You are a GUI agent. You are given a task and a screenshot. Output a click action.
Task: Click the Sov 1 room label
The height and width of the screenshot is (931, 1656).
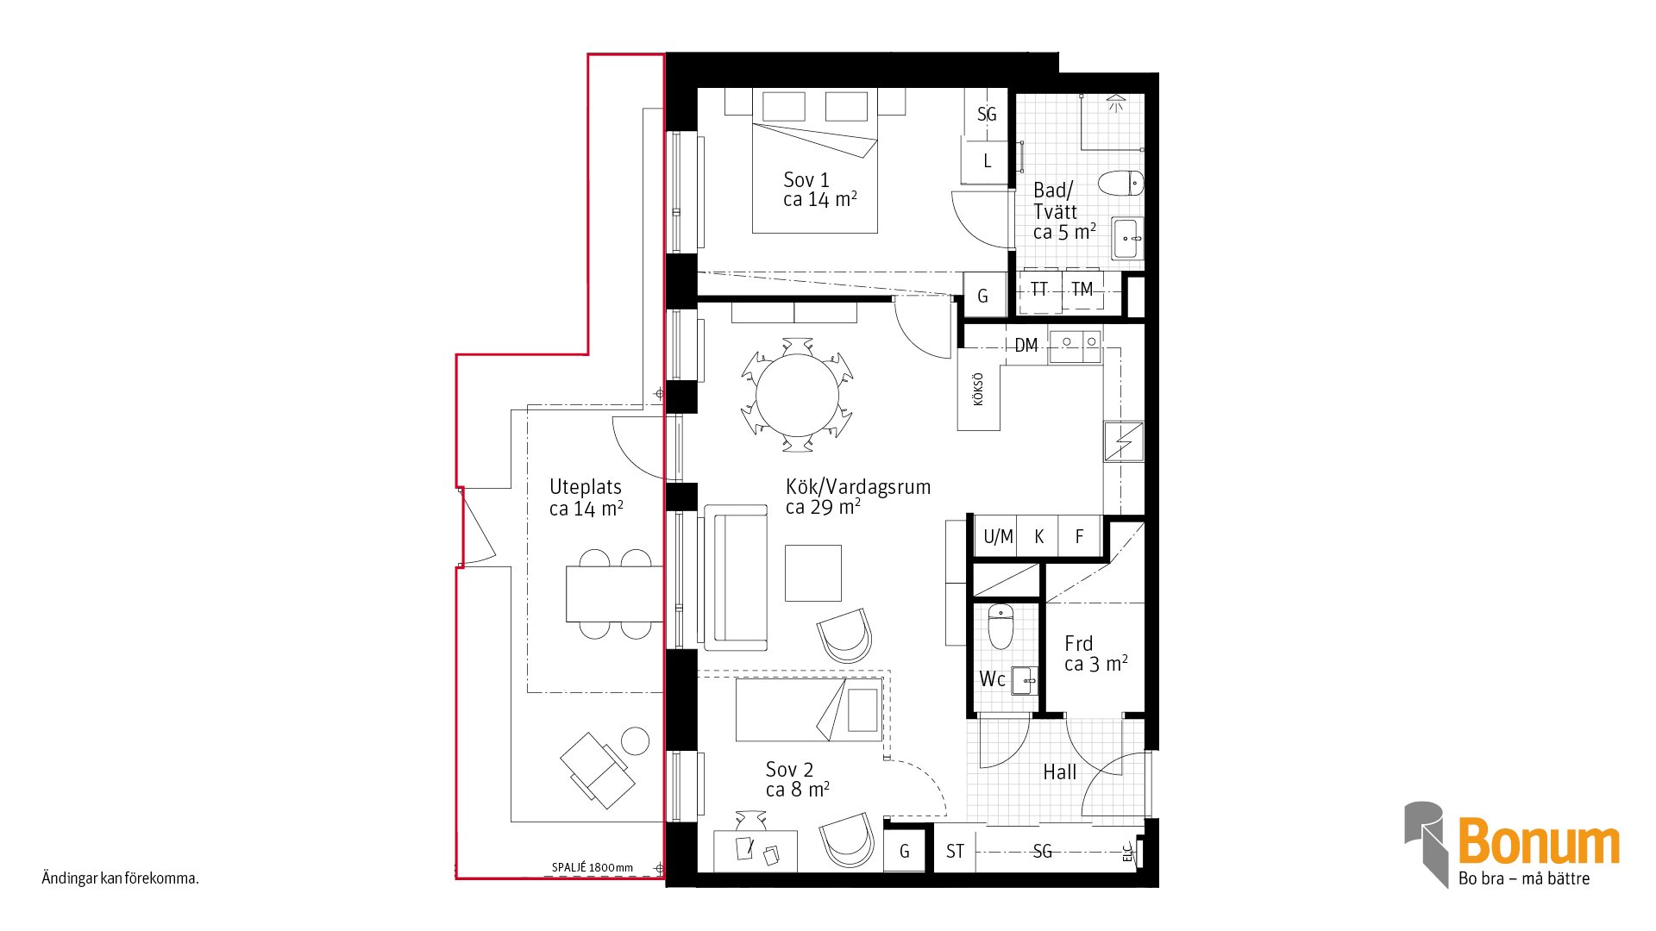click(806, 180)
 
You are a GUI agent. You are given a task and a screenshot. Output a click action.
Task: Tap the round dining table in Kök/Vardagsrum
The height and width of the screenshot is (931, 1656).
click(798, 396)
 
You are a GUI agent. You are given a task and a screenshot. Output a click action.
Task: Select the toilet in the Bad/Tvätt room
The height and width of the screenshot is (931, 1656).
click(1120, 183)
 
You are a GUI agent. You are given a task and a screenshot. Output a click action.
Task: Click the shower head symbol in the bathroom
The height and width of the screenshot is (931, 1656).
click(1116, 103)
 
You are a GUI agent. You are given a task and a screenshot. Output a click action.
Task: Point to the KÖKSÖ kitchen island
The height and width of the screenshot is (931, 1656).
click(979, 389)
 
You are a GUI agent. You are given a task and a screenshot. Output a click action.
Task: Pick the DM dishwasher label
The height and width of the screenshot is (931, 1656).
click(1026, 346)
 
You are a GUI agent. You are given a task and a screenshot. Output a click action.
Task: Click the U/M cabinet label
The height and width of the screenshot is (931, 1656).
click(998, 537)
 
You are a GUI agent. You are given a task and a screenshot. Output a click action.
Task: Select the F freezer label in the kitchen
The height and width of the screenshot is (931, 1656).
click(1079, 537)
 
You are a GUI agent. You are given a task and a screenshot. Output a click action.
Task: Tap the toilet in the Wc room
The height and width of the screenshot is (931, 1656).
click(1000, 627)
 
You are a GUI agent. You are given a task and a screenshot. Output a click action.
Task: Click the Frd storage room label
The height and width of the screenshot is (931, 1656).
click(1078, 643)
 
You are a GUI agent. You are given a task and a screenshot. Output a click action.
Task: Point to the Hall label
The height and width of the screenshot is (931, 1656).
click(1060, 772)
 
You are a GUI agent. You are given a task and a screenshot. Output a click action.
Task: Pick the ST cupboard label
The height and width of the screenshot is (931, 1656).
click(955, 852)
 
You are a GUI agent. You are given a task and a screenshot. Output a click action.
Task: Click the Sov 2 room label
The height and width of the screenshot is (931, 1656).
click(789, 769)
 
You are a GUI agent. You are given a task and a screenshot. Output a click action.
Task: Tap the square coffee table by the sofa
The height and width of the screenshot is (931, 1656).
click(812, 572)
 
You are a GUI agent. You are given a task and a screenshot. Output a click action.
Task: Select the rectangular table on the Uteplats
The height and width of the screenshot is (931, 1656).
click(614, 593)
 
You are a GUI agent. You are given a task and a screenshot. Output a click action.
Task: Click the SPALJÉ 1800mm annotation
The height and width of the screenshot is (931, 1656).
click(593, 868)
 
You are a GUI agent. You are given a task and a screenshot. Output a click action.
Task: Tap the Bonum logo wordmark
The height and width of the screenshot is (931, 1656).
click(1539, 841)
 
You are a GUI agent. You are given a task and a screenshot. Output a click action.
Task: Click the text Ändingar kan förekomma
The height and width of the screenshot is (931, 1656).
click(121, 879)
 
